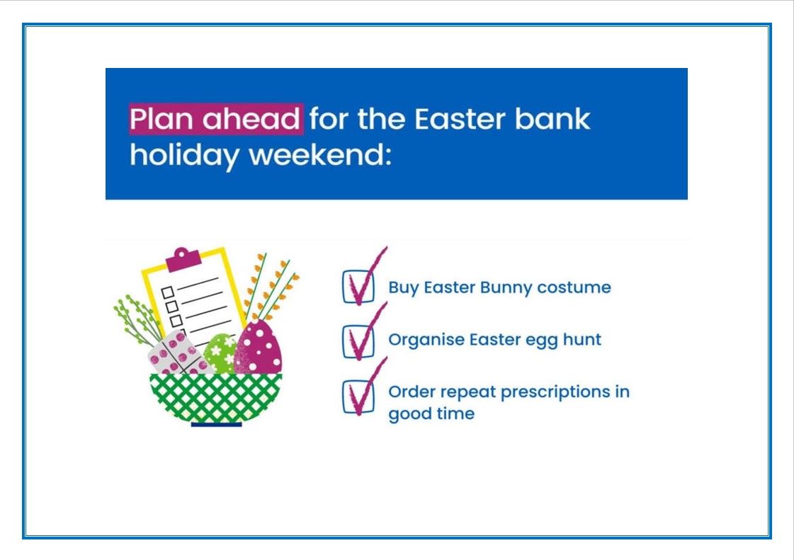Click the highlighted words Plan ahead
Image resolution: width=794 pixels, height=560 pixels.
[216, 119]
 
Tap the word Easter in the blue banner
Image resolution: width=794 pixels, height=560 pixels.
[460, 119]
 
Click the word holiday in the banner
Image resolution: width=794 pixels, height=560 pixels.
[184, 156]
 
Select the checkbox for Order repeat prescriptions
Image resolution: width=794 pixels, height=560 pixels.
[358, 397]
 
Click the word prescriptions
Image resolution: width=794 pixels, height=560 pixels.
[555, 392]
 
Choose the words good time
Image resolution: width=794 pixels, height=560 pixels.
[431, 414]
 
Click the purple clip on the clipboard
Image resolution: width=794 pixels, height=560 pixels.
[183, 259]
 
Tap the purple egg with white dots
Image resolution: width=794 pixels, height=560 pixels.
[259, 348]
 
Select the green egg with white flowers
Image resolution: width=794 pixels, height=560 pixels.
[220, 353]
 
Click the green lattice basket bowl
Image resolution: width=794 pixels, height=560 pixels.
[216, 398]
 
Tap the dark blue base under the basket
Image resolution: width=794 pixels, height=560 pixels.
[216, 424]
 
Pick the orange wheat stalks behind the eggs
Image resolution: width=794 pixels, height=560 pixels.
[271, 286]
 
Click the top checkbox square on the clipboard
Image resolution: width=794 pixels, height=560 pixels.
[168, 292]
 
